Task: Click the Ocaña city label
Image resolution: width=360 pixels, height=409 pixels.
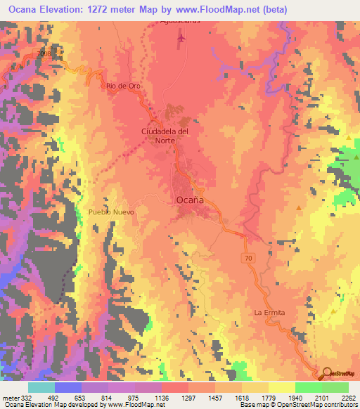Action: point(188,200)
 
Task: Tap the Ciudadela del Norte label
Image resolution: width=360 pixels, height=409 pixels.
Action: point(166,135)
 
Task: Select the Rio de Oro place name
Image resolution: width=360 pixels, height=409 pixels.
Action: point(121,86)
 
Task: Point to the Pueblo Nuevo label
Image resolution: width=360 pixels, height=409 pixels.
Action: point(111,211)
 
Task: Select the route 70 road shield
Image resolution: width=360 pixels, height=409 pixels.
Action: point(248,259)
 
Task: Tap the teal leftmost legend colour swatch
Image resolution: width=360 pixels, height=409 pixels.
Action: point(41,387)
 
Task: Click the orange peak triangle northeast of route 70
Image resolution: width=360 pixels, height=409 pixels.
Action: point(300,208)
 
